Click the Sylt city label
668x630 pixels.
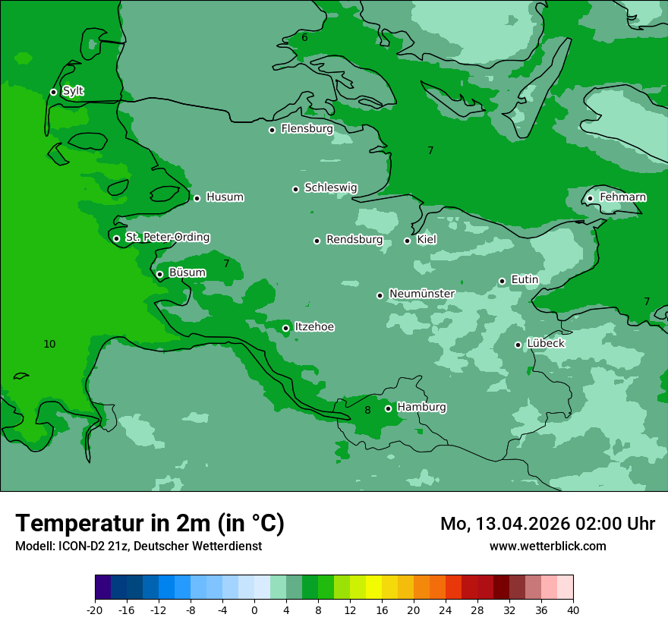[73, 91]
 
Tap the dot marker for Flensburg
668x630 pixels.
[272, 130]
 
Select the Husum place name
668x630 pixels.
[225, 197]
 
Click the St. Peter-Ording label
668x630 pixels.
[167, 238]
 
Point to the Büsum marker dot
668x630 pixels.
[159, 275]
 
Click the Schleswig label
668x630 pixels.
[330, 187]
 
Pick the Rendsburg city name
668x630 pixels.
[354, 240]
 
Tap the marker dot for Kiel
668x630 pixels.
[407, 241]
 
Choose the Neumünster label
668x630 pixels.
[421, 294]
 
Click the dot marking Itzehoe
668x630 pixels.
[285, 329]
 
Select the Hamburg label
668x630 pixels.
[421, 408]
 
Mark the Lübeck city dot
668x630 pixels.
[518, 345]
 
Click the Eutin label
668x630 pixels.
[525, 280]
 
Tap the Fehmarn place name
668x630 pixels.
[622, 197]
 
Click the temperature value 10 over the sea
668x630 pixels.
[49, 345]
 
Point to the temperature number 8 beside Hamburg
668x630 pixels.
[367, 411]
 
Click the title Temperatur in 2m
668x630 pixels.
[150, 523]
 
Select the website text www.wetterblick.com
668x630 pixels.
[547, 547]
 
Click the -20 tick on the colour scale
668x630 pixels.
[95, 610]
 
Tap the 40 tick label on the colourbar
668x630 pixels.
[573, 610]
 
